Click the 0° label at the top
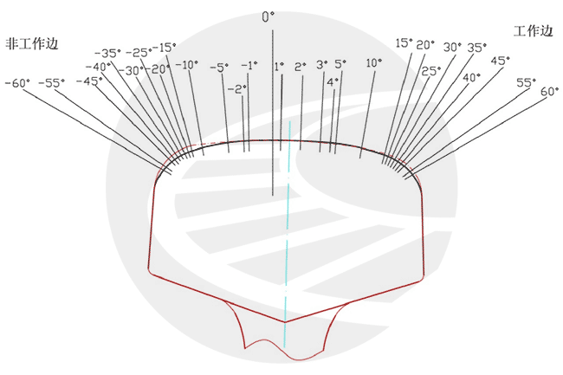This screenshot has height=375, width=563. pos(268,16)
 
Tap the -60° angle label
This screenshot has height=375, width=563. pos(17,84)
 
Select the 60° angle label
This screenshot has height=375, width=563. pos(550,92)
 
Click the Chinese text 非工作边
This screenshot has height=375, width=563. pos(31,44)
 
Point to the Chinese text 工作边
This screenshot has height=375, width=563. pos(533,31)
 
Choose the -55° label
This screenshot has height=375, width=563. pos(52,83)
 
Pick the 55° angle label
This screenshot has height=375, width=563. pos(526,82)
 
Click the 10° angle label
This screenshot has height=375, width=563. pos(374,63)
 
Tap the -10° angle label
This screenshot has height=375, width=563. pos(187,65)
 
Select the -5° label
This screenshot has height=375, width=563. pos(219,67)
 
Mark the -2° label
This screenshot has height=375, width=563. pos(237,89)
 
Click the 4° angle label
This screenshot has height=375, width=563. pos(333,82)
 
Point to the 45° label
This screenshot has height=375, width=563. pos(500,61)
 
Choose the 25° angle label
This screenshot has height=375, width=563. pos(430,71)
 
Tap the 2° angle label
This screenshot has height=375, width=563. pos(301,67)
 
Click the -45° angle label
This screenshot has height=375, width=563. pos(89,81)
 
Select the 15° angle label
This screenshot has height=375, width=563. pos(404,43)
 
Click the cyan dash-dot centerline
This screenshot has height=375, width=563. pos(288,234)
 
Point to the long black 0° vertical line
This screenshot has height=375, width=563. pos(273,113)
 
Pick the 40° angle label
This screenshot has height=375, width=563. pos(471,77)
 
